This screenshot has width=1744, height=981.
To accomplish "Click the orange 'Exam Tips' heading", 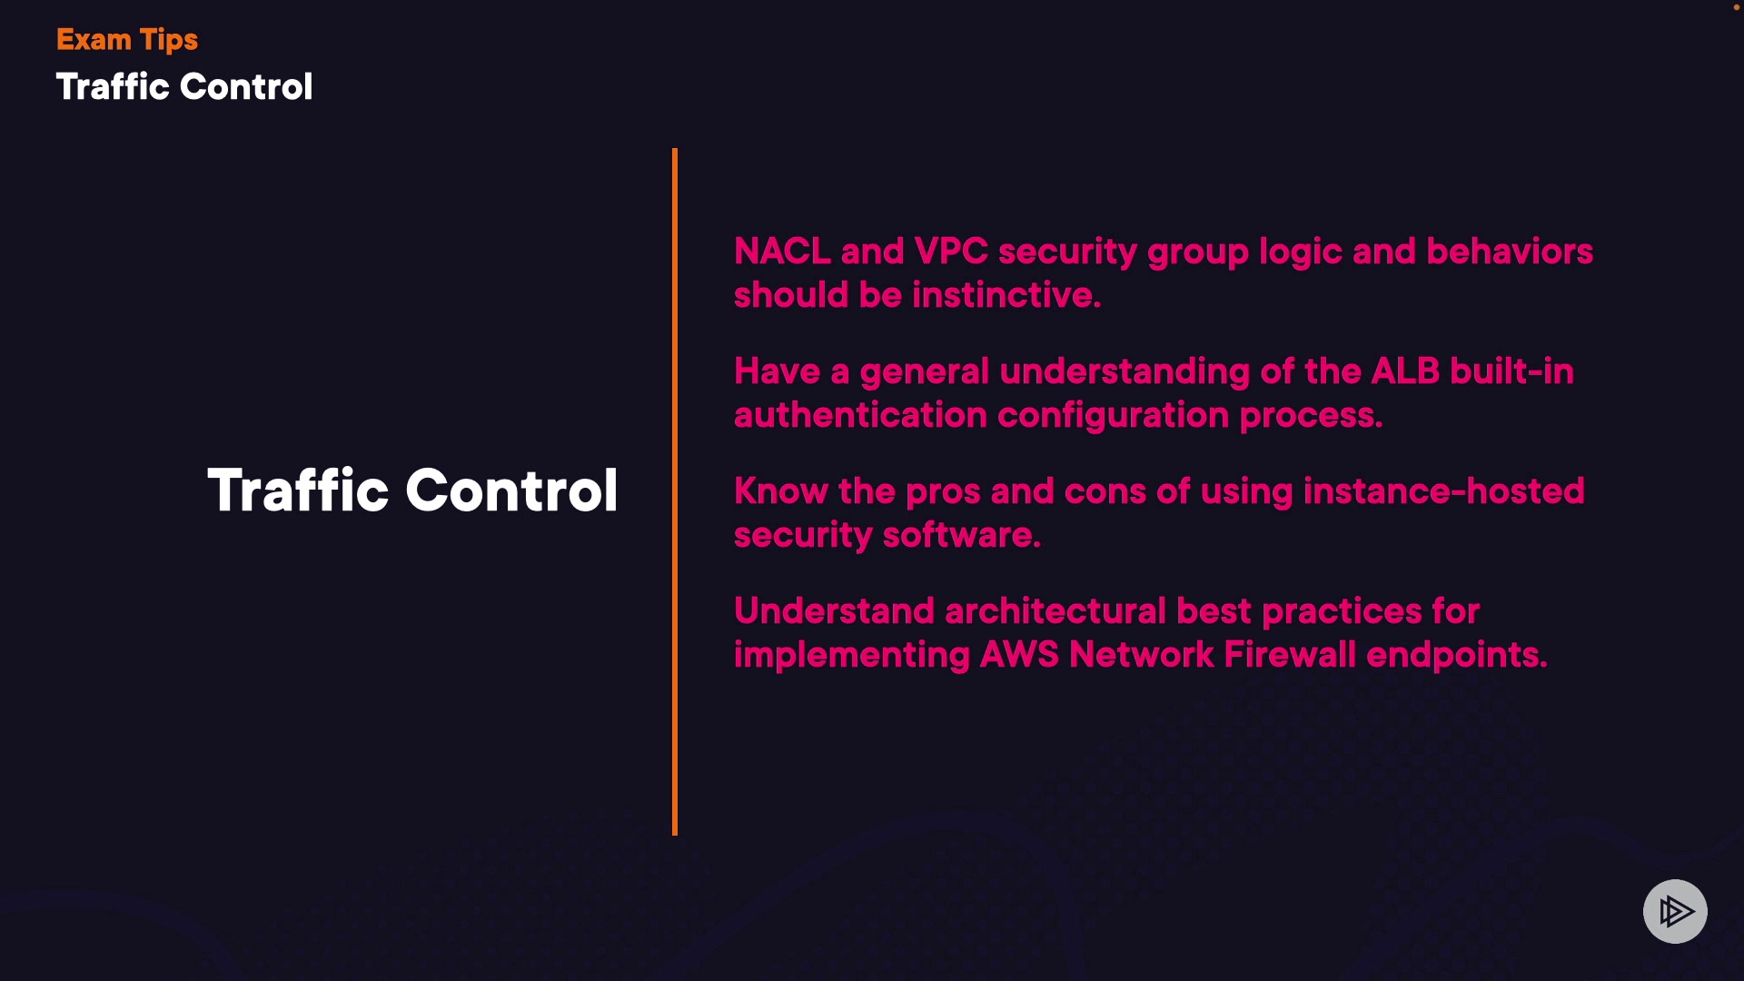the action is tap(127, 40).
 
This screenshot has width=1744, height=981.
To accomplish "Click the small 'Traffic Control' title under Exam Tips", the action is tap(184, 87).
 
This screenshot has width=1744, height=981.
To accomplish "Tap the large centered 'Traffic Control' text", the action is tap(412, 490).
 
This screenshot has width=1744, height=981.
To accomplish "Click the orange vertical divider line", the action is tap(675, 491).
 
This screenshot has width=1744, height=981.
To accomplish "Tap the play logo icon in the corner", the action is tap(1675, 911).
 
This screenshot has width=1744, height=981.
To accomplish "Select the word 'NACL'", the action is tap(782, 252).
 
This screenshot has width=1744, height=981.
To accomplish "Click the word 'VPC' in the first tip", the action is tap(951, 252).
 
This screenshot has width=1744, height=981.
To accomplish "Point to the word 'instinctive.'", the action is tap(1006, 295).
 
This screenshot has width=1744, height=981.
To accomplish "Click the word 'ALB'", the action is tap(1405, 372).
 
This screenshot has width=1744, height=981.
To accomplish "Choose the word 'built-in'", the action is tap(1511, 372).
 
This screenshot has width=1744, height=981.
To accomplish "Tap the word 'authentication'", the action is tap(860, 415).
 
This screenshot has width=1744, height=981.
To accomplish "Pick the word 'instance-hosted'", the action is tap(1443, 491).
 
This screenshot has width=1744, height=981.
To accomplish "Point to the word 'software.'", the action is tap(962, 535).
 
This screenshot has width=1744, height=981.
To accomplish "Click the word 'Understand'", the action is tap(834, 611).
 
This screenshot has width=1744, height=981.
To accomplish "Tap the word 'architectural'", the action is tap(1055, 611).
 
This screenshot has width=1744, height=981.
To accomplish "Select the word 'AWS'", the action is tap(1019, 655).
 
